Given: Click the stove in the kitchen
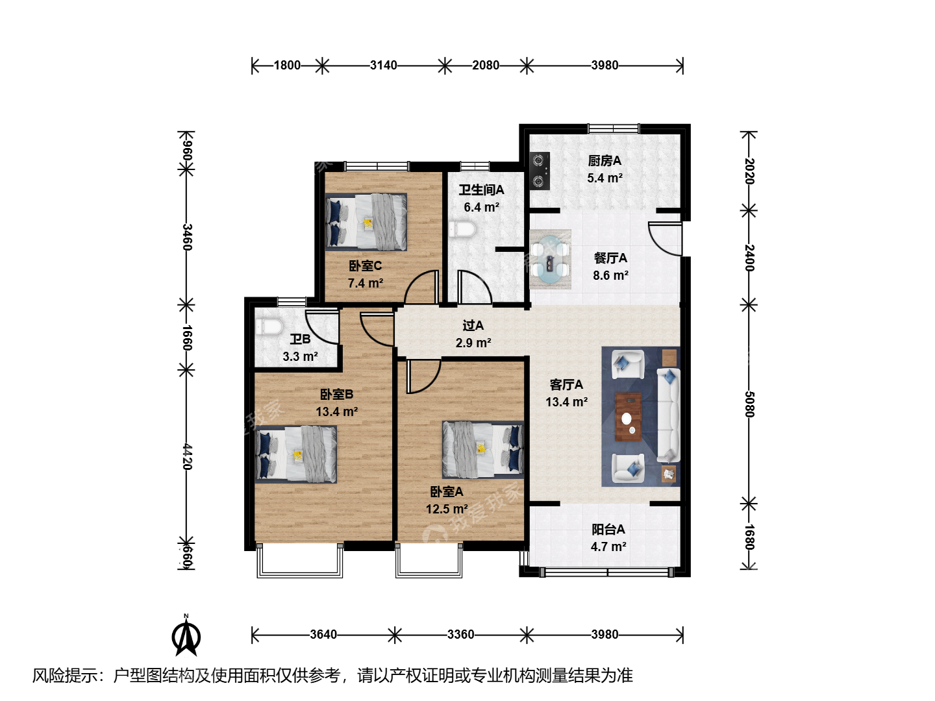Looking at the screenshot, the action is click(540, 171).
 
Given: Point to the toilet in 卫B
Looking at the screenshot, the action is click(269, 327).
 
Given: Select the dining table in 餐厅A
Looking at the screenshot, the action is click(550, 259).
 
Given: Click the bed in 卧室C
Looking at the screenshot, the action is click(366, 222).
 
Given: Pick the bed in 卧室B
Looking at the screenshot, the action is click(296, 454).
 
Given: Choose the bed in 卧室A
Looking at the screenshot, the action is click(482, 449).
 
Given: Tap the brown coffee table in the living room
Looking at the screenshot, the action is click(629, 417).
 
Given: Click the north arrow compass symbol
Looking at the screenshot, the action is click(186, 636).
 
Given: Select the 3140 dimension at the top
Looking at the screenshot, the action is click(383, 65).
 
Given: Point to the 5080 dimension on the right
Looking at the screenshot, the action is click(749, 404).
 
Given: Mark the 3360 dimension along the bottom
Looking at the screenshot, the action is click(460, 635).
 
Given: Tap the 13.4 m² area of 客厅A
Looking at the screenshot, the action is click(567, 402).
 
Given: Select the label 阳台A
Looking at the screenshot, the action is click(608, 529).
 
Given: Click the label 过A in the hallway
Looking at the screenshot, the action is click(473, 326).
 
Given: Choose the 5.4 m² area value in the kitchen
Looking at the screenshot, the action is click(605, 178).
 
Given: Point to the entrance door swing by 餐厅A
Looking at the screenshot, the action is click(665, 238).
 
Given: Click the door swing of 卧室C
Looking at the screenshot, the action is click(421, 288).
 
